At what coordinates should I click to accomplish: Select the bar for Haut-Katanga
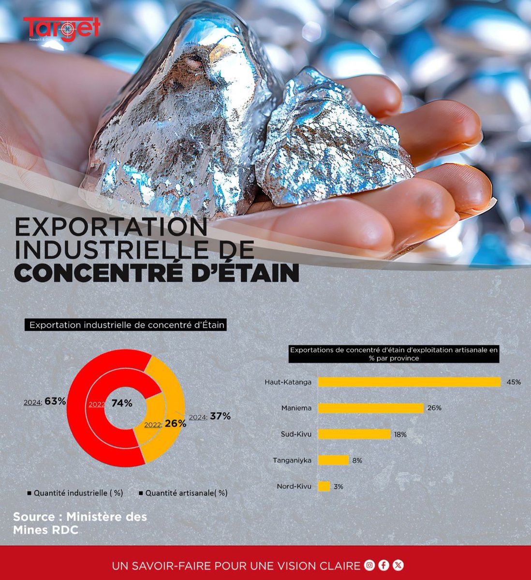tap(409, 382)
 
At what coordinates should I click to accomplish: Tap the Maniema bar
tap(371, 408)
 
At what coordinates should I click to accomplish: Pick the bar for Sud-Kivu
tap(354, 434)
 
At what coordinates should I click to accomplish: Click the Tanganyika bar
tap(333, 460)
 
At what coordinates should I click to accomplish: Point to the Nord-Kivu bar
tap(324, 486)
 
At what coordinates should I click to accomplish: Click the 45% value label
tap(514, 382)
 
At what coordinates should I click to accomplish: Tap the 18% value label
tap(400, 435)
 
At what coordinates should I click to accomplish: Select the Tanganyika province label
tap(292, 460)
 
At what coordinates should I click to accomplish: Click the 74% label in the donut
tap(121, 404)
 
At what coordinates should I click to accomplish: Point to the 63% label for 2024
tap(55, 401)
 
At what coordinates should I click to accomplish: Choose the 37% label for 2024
tap(220, 416)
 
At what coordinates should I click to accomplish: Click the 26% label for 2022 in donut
tap(175, 424)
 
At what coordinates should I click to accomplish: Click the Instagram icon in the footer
tap(370, 565)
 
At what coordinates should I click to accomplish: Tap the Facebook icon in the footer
tap(384, 565)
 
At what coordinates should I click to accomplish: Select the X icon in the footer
tap(398, 565)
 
